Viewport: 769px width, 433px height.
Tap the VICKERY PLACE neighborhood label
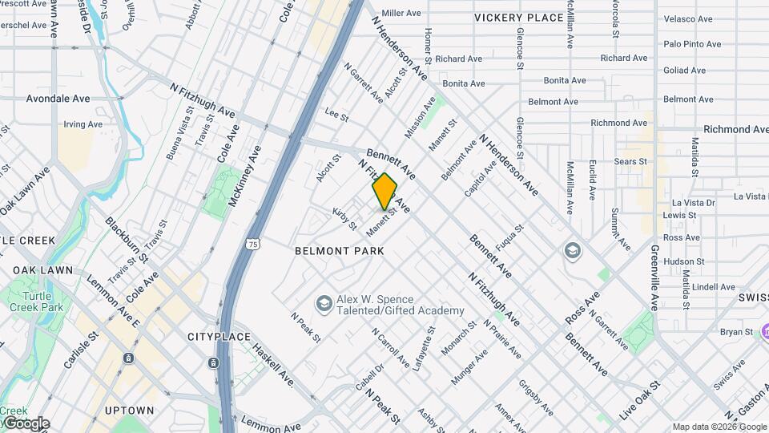518,18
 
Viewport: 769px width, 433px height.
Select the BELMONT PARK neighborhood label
340,251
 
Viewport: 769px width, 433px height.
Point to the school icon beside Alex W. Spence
324,303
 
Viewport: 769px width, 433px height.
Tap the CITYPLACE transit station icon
214,362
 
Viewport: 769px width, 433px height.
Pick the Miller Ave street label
401,14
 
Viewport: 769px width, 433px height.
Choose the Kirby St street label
345,218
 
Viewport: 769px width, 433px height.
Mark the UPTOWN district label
128,411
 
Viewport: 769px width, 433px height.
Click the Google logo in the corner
26,423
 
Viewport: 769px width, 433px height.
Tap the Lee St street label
336,117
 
